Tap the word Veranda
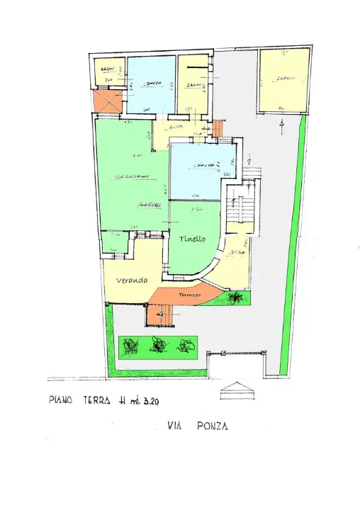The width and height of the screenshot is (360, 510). pyautogui.click(x=132, y=280)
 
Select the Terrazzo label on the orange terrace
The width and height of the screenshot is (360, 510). pyautogui.click(x=191, y=293)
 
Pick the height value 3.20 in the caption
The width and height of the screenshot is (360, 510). pyautogui.click(x=149, y=401)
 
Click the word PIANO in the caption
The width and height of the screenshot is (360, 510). pyautogui.click(x=62, y=400)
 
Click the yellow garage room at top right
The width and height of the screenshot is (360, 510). pyautogui.click(x=284, y=79)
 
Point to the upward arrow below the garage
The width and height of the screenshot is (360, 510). pyautogui.click(x=282, y=127)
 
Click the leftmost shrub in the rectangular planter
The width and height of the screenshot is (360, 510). pyautogui.click(x=130, y=346)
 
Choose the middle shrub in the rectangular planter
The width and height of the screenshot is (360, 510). pyautogui.click(x=159, y=346)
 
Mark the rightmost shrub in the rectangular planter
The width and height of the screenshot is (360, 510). pyautogui.click(x=186, y=346)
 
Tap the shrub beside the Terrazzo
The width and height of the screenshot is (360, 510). pyautogui.click(x=233, y=298)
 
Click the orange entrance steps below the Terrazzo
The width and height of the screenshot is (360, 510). pyautogui.click(x=162, y=314)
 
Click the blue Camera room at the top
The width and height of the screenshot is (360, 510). pyautogui.click(x=151, y=85)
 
